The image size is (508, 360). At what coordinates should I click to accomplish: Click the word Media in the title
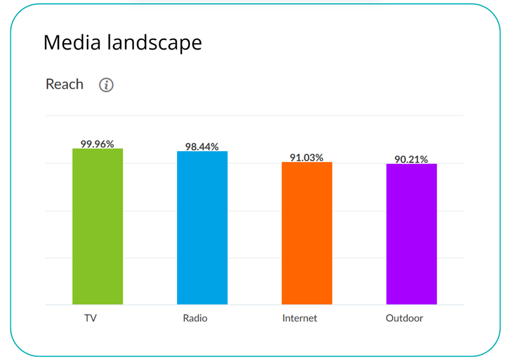(71, 43)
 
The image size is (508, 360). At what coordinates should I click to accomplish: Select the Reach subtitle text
(64, 84)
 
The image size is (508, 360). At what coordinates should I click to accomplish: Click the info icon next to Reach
(106, 85)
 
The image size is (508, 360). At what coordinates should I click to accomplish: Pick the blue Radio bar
(202, 228)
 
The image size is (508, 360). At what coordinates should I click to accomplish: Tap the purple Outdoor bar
(411, 234)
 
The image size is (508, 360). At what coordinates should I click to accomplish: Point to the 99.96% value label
(97, 144)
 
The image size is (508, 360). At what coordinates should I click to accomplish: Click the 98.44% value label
(202, 147)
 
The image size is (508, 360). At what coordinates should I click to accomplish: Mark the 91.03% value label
(307, 157)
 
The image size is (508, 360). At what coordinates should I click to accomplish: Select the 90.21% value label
(411, 159)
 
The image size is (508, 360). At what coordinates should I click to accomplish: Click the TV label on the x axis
(90, 318)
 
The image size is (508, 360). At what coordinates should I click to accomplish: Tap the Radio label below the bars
(195, 318)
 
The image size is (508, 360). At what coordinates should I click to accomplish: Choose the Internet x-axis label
(300, 318)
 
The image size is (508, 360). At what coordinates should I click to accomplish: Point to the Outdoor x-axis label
(404, 318)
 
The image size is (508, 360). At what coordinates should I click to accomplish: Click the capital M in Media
(52, 43)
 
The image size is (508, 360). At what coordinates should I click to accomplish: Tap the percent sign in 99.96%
(110, 144)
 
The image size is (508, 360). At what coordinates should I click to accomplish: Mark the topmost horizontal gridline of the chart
(254, 116)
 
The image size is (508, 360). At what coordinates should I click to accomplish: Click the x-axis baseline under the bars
(254, 305)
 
